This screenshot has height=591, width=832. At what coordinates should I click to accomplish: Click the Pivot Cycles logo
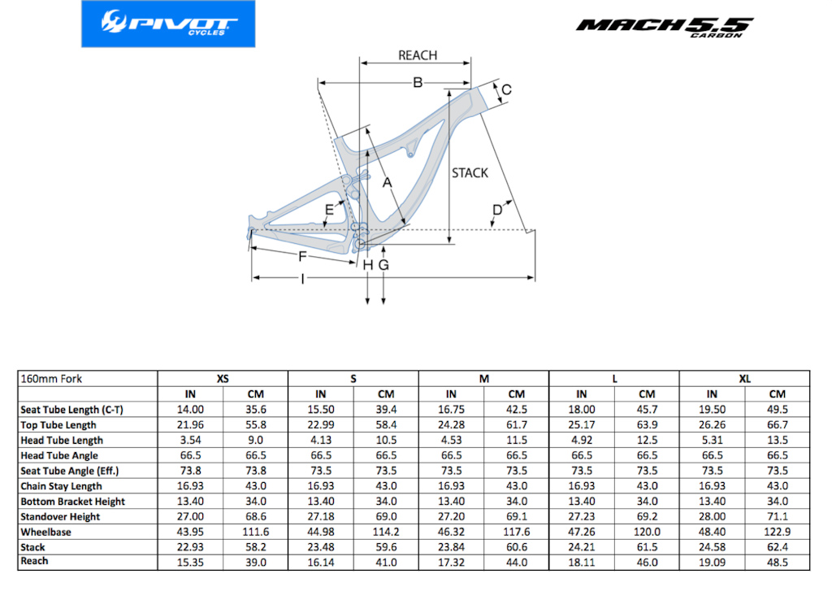click(x=168, y=24)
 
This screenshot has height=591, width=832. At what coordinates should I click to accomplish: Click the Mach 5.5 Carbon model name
click(x=665, y=27)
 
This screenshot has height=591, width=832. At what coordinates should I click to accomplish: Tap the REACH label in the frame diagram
click(x=418, y=55)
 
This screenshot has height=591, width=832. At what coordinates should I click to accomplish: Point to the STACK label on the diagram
click(x=470, y=172)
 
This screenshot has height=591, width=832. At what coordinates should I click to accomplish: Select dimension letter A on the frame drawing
click(x=387, y=183)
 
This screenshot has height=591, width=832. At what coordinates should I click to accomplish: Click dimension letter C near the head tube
click(x=506, y=89)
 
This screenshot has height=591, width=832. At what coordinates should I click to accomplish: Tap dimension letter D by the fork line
click(x=496, y=210)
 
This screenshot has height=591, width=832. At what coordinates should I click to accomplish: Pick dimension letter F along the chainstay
click(x=302, y=256)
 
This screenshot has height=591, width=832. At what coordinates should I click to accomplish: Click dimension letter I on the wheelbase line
click(x=302, y=279)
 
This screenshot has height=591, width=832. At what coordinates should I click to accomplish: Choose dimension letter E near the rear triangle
click(x=330, y=210)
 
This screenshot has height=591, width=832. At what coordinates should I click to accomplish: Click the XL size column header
click(x=744, y=379)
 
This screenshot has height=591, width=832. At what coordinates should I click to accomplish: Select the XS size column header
click(x=223, y=379)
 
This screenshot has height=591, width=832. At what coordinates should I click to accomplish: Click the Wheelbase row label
click(x=45, y=532)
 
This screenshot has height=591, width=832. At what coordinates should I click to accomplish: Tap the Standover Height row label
click(x=60, y=517)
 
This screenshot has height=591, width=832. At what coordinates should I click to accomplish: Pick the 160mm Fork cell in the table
click(x=51, y=379)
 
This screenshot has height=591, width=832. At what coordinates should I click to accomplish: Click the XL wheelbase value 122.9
click(x=778, y=532)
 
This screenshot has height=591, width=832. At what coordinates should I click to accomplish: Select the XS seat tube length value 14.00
click(x=190, y=410)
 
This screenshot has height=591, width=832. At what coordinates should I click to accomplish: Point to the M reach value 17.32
click(x=451, y=563)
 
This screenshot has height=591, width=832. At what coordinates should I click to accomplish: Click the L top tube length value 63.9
click(x=647, y=425)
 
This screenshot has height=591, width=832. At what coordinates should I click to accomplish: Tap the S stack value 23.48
click(x=320, y=547)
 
